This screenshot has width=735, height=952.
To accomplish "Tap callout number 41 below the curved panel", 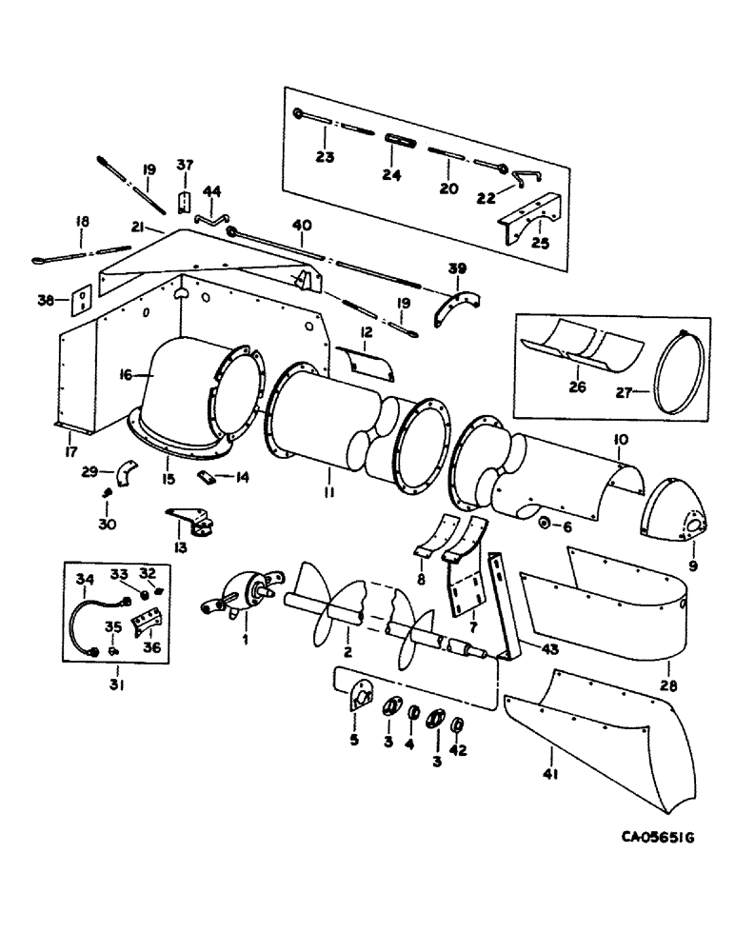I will pos(549,775).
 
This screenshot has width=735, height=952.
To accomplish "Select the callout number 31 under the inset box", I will pos(116,684).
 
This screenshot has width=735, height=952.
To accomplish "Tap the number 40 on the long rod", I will pos(301,226).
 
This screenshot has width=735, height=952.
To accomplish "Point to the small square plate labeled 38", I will pos(82,299).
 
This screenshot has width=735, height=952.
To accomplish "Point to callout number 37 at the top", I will pos(185,166).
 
